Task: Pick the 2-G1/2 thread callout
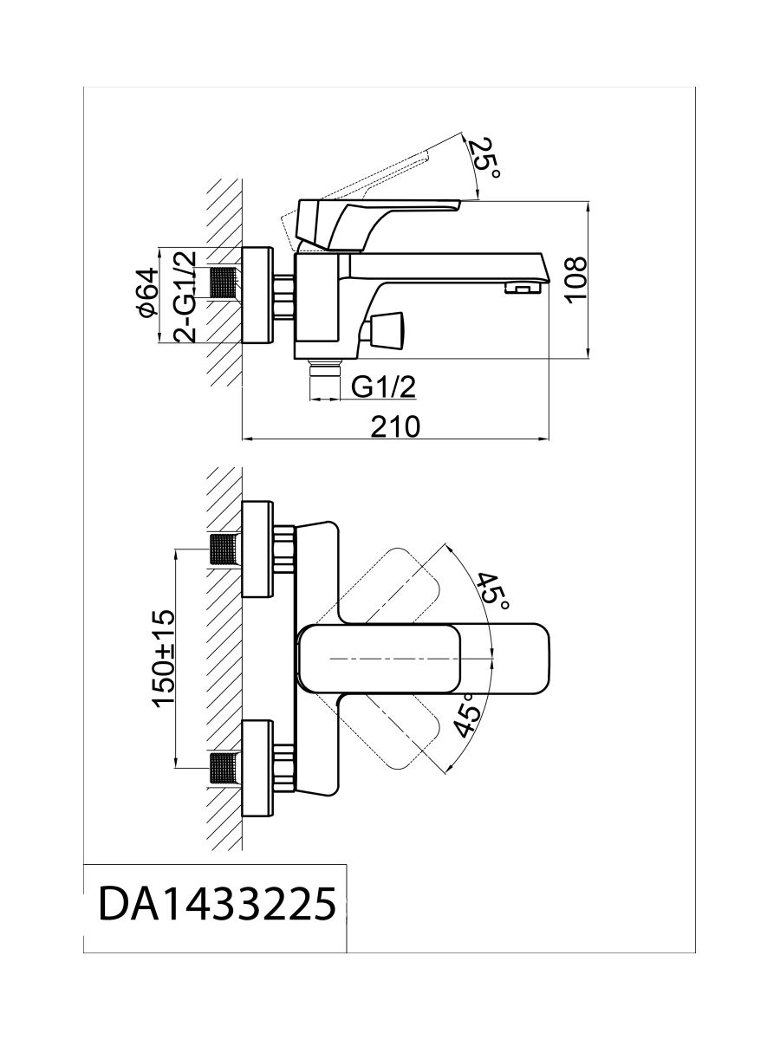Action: pos(185,295)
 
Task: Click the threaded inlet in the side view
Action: pos(225,282)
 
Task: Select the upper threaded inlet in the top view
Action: pos(225,549)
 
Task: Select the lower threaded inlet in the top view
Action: pos(225,768)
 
